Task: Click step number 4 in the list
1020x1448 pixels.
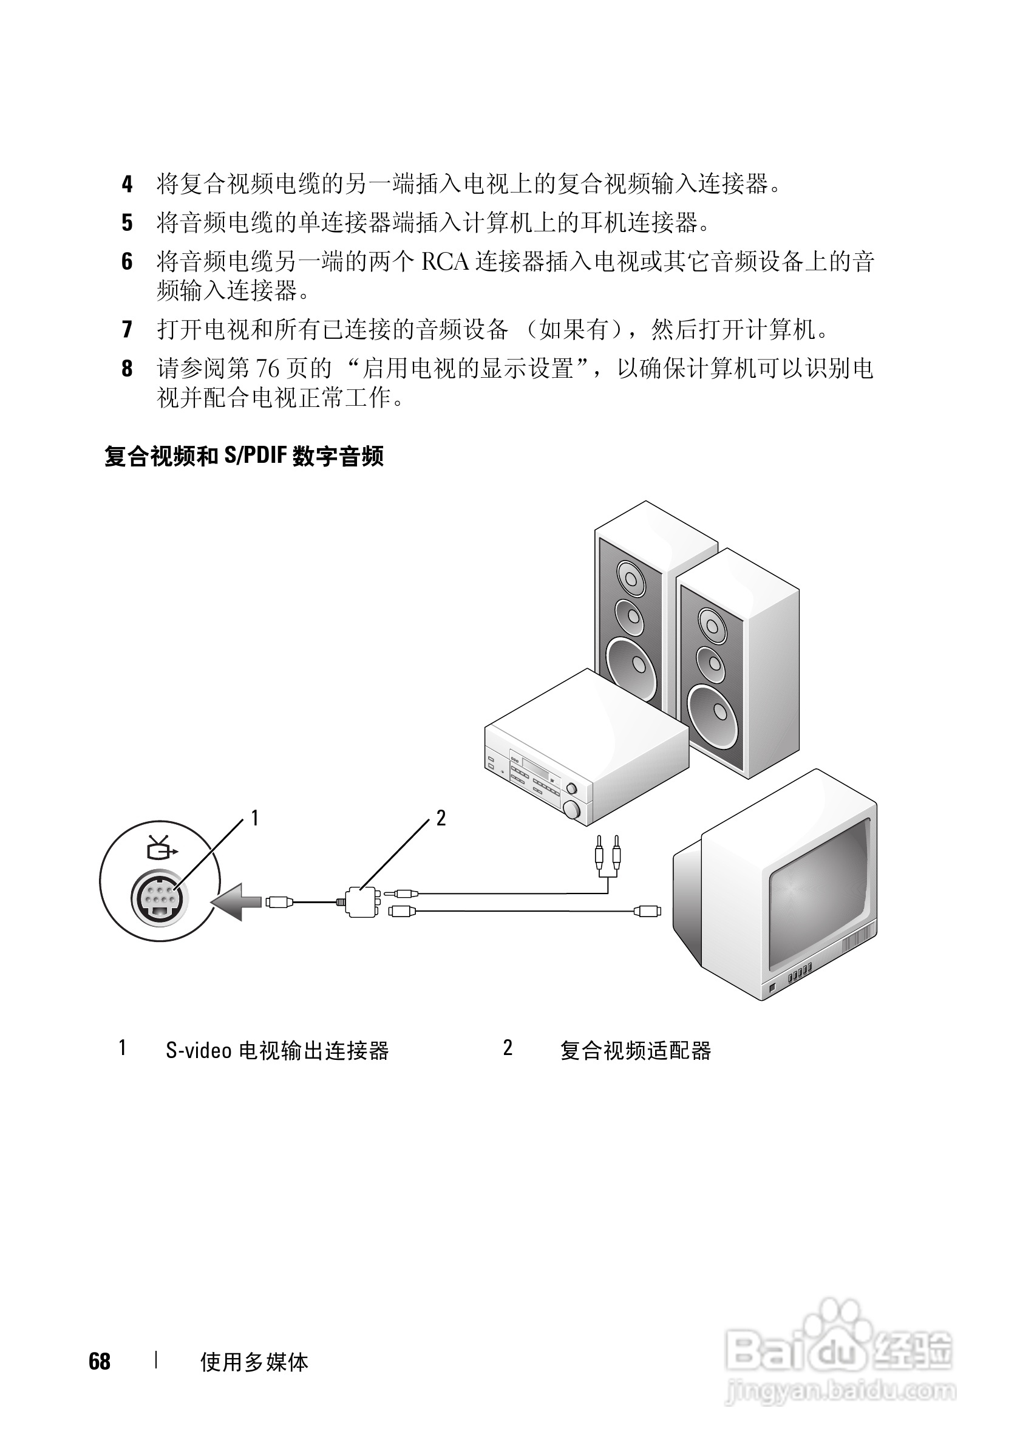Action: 127,184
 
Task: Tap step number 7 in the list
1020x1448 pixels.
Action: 127,329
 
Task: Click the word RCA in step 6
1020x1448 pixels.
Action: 445,262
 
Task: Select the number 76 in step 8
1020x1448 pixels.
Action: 267,368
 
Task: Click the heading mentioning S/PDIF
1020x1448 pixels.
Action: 244,456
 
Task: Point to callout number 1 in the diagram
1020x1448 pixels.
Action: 254,818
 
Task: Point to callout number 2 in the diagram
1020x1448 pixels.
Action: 441,818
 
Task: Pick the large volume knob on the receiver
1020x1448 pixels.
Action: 571,808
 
